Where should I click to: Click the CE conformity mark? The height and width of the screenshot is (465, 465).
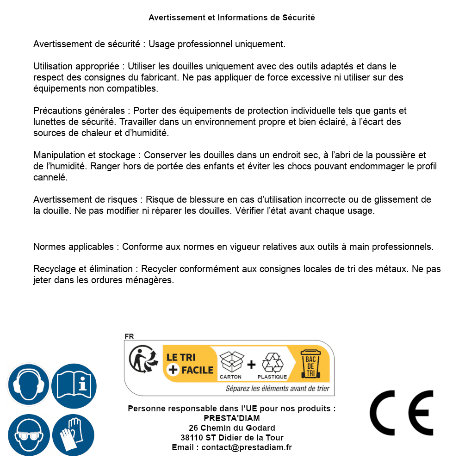[x=402, y=413]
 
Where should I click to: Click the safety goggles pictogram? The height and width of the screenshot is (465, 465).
[x=28, y=435]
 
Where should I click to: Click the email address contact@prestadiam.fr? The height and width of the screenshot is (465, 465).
[x=247, y=447]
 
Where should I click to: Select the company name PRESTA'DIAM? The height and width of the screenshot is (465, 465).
[x=232, y=418]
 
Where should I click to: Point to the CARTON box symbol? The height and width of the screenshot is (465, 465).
[x=231, y=363]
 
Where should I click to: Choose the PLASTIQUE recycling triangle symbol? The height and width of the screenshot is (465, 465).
[x=272, y=363]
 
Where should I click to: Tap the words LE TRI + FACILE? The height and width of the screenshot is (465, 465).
[x=190, y=364]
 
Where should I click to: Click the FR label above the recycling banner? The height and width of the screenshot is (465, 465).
[x=129, y=337]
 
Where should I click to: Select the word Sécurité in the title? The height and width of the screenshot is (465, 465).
[x=298, y=18]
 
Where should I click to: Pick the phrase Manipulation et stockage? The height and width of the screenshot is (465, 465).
[x=84, y=155]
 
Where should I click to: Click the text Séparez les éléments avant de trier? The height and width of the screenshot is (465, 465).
[x=277, y=389]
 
